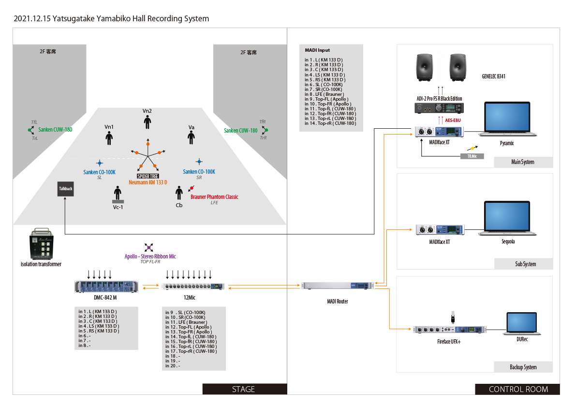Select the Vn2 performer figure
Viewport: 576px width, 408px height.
tap(148, 122)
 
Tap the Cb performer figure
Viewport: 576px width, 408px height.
tap(179, 193)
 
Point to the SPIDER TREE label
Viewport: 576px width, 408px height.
tap(148, 176)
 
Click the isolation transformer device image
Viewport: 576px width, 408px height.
tap(42, 243)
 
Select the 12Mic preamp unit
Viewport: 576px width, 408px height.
tap(193, 287)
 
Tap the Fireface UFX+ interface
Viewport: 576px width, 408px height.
tap(450, 330)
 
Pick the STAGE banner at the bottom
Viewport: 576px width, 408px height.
tap(244, 389)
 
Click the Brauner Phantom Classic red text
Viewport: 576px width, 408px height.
tap(214, 197)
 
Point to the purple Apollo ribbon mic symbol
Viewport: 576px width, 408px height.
tap(148, 247)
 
